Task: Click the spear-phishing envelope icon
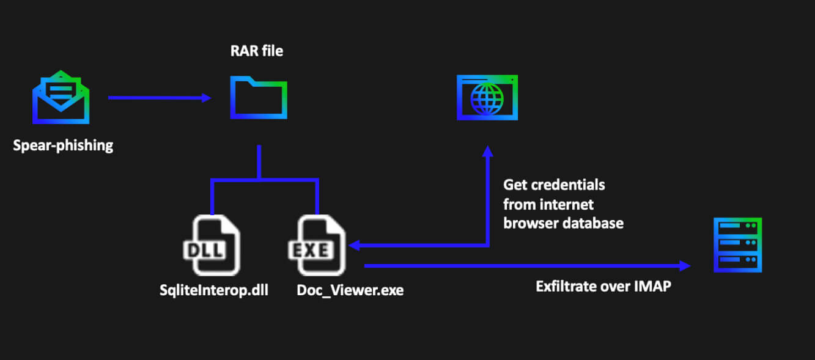coord(61,98)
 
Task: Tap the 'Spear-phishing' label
coord(63,146)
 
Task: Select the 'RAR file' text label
coord(256,51)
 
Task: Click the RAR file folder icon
coord(259,97)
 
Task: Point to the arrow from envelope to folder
coord(159,97)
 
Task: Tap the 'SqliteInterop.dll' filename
coord(214,289)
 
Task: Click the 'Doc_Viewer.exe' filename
coord(350,289)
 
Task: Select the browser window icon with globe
coord(487,97)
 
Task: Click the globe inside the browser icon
coord(487,100)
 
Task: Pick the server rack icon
coord(738,244)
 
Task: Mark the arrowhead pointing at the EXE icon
coord(353,246)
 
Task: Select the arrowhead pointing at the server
coord(685,265)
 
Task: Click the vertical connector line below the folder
coord(259,162)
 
